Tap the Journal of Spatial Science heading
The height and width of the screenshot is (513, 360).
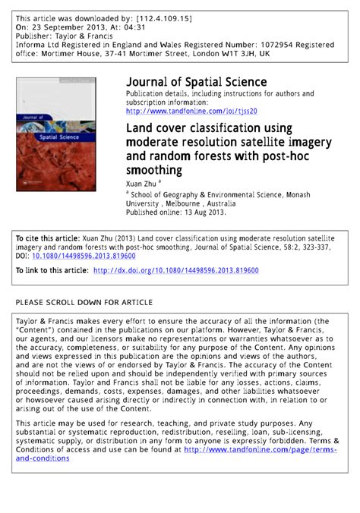(196, 81)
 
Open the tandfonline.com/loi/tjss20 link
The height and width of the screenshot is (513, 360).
(192, 110)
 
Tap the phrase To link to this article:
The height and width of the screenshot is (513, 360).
(52, 270)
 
